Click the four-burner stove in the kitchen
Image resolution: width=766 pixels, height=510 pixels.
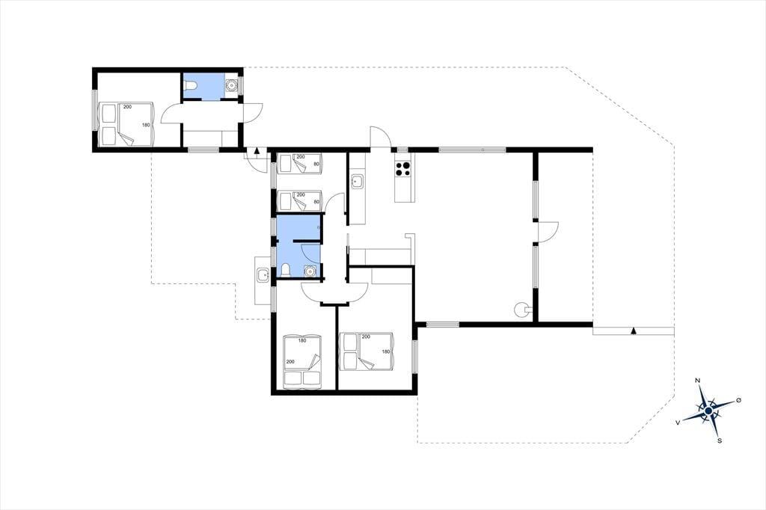(x=402, y=168)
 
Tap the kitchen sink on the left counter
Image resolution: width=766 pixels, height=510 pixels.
(x=357, y=182)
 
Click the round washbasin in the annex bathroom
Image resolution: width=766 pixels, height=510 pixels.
(x=232, y=85)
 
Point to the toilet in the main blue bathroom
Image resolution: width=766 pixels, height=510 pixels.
(x=286, y=270)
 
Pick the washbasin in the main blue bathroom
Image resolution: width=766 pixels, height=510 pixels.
(x=310, y=271)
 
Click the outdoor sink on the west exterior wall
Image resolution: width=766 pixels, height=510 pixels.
(x=263, y=275)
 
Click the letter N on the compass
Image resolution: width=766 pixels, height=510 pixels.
(x=698, y=381)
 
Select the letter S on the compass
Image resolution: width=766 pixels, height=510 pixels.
(x=720, y=440)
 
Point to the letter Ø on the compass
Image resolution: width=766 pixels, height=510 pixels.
(x=738, y=400)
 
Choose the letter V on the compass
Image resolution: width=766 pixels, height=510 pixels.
(x=678, y=422)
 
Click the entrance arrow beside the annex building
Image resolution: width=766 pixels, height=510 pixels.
(x=257, y=150)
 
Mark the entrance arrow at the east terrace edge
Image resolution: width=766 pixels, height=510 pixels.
(x=634, y=331)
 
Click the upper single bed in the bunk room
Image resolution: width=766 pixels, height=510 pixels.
(x=299, y=163)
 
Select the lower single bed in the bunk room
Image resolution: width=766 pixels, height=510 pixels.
(x=299, y=200)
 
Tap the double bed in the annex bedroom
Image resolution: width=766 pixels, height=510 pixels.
(x=126, y=124)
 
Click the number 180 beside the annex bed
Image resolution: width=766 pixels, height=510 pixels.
(x=146, y=125)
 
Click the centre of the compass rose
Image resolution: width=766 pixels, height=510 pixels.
(x=708, y=411)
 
